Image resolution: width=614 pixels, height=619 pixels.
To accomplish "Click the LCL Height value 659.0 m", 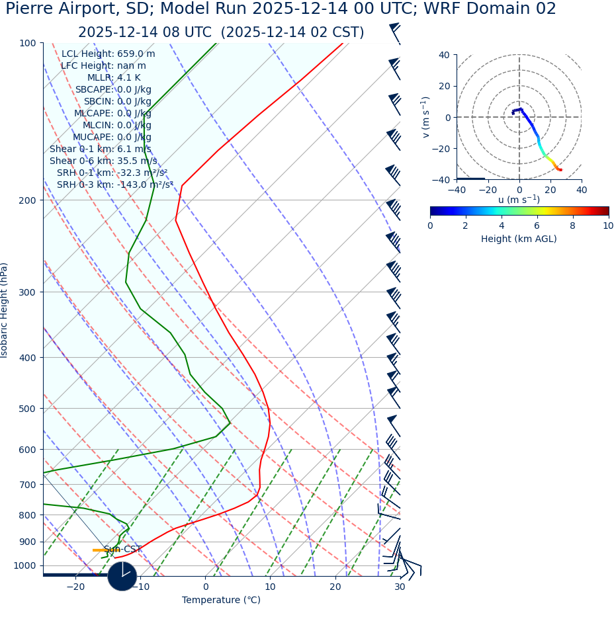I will pos(136,54).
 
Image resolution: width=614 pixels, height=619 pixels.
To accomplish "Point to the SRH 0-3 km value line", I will pos(114,185).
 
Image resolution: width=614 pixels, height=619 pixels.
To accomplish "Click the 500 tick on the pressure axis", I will pos(27,409).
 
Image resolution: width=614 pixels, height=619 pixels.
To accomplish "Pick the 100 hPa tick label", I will pos(27,43).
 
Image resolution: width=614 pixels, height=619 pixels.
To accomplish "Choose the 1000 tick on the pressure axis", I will pos(24,565).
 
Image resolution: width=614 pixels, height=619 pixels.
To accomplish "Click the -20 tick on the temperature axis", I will pos(75,587).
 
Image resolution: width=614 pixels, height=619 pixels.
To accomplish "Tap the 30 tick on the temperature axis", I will pos(400,587).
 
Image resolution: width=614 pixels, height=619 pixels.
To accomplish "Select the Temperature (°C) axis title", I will pos(221,600).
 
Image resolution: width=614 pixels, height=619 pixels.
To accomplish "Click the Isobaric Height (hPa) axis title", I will pos(5,310).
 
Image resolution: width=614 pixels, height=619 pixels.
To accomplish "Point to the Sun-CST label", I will pos(122,549).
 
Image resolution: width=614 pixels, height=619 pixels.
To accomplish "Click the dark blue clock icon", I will pos(122,576).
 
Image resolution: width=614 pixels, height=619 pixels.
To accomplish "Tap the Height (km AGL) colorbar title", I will pos(519,239).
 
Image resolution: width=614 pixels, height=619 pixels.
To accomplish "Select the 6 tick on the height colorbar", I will pos(537,226).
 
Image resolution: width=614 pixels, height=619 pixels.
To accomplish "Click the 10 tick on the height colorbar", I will pos(608,226).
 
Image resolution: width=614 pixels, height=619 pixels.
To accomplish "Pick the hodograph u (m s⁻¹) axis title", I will pos(519,200).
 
